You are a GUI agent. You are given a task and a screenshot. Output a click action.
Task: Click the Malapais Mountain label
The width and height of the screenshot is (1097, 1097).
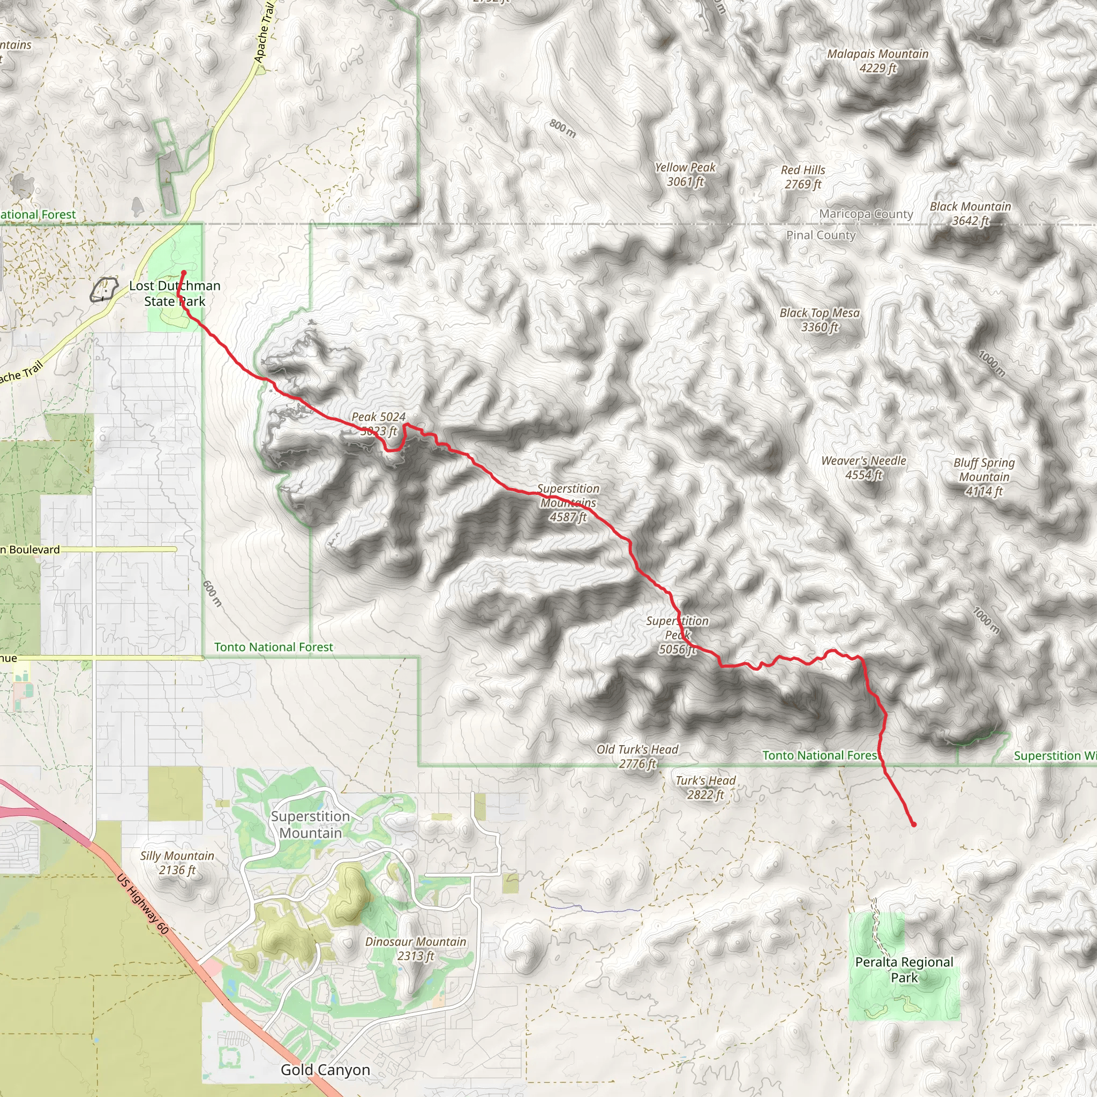(877, 61)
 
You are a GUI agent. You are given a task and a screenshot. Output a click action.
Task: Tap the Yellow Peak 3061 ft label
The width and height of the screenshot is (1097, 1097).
(685, 174)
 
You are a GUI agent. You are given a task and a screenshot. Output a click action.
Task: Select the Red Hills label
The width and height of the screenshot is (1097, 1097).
(803, 177)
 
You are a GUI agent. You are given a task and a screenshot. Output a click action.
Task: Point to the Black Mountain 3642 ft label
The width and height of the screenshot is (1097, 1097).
(971, 214)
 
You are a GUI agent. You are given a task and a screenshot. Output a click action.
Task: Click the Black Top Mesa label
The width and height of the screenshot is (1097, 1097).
(820, 320)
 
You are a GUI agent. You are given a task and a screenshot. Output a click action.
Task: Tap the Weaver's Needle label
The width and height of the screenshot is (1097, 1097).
(863, 467)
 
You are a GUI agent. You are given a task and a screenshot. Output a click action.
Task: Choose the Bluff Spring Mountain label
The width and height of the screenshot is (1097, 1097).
(984, 477)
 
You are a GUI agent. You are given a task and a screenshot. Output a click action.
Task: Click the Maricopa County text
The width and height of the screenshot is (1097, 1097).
(866, 214)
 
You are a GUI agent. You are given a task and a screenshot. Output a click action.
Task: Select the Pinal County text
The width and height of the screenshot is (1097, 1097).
(821, 235)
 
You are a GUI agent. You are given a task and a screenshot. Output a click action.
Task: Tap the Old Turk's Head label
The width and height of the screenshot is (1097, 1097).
(637, 756)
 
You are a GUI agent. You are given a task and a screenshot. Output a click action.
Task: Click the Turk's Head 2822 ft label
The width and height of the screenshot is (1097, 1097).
(705, 787)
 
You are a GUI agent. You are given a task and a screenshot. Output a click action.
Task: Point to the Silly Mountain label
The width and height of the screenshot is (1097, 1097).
(177, 862)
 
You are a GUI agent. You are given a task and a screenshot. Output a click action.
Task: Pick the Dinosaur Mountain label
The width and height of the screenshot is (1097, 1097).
(416, 948)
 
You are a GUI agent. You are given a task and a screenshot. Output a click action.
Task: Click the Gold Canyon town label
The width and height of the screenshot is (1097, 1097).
(325, 1070)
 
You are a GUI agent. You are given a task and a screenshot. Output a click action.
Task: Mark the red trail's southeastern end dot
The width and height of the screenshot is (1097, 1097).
(914, 824)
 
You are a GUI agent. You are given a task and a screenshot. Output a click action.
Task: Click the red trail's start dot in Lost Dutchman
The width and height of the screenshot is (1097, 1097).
(183, 273)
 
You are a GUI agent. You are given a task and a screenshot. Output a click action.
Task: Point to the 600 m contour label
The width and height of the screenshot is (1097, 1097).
(212, 593)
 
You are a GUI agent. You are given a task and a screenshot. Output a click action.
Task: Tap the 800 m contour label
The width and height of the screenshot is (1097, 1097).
(562, 129)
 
